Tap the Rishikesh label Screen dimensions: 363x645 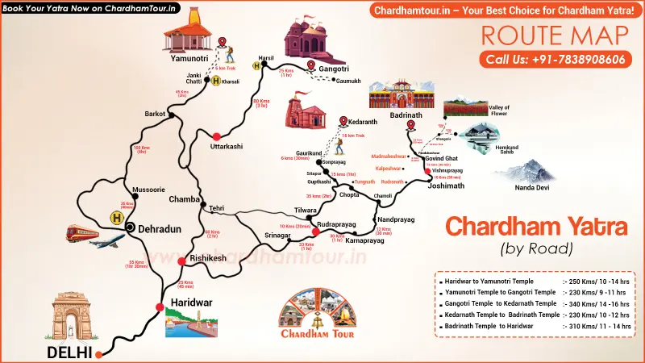click(206, 258)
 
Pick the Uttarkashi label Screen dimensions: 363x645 click(226, 146)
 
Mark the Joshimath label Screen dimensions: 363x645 click(446, 186)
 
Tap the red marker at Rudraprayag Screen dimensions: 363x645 click(317, 233)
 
